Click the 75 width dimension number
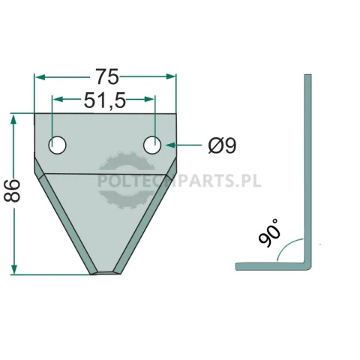coord(107,76)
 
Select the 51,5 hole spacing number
coord(104,100)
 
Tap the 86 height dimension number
coord(12,190)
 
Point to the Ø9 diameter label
coord(222,146)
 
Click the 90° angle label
coord(268,233)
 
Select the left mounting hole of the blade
coord(57,145)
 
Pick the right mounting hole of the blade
coord(152,145)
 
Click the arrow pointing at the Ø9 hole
coord(184,145)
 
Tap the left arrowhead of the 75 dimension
coord(40,77)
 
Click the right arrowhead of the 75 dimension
coord(171,76)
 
